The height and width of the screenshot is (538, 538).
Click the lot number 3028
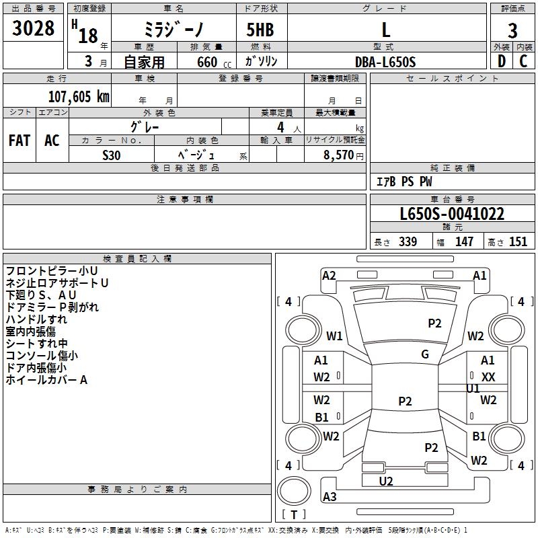coord(34,29)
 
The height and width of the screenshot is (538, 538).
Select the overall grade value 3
coord(512,30)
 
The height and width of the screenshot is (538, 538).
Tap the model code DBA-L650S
coord(385,62)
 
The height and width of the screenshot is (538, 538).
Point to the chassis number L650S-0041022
coord(452,214)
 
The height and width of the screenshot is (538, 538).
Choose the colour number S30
coord(112,155)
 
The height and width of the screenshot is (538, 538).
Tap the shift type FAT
coord(19,140)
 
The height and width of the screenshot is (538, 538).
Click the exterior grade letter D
coord(501,61)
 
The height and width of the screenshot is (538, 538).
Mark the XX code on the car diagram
coord(488,377)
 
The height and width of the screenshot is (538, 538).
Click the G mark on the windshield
coord(425,354)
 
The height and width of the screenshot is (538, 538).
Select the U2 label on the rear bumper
coord(386,481)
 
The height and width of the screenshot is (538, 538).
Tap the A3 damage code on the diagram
coord(330,497)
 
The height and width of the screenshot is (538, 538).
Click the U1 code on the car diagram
coord(473,389)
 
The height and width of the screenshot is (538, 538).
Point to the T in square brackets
coord(294,515)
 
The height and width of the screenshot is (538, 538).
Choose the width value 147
coord(464,242)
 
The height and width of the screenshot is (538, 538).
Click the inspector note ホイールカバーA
coord(47,380)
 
